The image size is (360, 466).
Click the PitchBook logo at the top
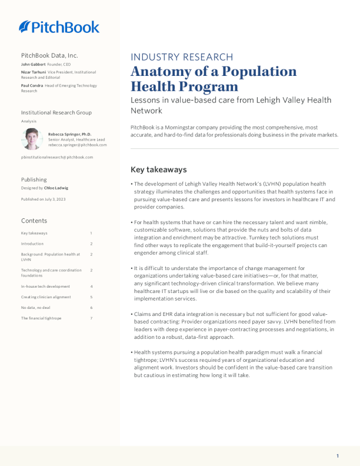point(59,26)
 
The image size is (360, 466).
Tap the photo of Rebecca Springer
point(32,139)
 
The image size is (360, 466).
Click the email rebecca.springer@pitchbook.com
point(78,145)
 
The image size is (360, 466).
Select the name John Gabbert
point(33,64)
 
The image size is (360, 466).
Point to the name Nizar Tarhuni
point(34,72)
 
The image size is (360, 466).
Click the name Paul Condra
point(32,86)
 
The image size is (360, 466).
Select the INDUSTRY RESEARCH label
point(182,57)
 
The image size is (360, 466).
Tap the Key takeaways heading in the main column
point(158,169)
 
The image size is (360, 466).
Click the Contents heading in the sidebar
point(34,221)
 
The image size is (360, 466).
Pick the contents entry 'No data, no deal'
point(36,308)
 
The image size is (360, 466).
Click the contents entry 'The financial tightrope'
point(41,318)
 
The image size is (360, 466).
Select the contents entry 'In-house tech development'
point(45,287)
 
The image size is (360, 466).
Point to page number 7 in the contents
point(91,318)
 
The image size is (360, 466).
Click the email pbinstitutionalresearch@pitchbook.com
point(57,157)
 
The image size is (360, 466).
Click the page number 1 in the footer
point(338,456)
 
